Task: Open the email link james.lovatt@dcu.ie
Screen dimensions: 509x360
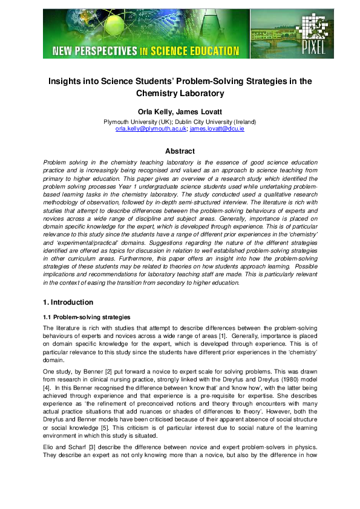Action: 217,129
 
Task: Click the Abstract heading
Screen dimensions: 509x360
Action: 180,151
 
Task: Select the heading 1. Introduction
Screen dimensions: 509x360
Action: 68,302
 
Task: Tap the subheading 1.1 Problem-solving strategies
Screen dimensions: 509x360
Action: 86,317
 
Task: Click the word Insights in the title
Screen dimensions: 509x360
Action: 68,80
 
